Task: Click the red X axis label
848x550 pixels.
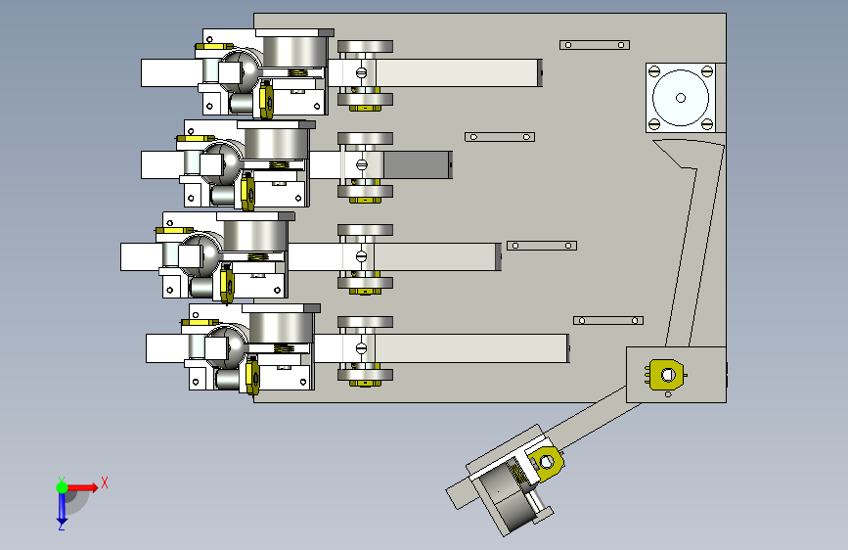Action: point(104,481)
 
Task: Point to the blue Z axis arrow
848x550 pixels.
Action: point(62,506)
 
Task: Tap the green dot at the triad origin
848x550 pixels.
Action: point(62,486)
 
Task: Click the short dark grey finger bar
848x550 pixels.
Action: point(418,165)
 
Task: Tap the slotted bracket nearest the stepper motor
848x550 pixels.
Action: point(594,45)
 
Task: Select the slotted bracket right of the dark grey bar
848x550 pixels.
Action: point(501,137)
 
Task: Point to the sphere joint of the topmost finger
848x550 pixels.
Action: point(240,69)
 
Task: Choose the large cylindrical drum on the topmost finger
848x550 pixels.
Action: point(293,53)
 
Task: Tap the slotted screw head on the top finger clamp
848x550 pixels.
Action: point(361,71)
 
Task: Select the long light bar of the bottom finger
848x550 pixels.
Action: point(469,348)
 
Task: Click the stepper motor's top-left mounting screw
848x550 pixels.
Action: point(654,71)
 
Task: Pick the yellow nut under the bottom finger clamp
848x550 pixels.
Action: point(365,382)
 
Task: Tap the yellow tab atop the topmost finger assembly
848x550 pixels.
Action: point(211,46)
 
